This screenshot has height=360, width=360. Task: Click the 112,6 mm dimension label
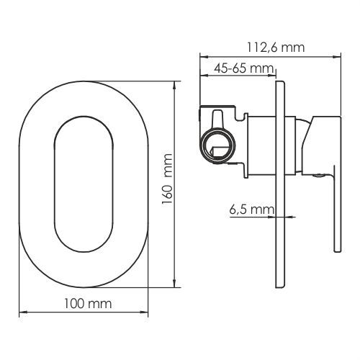276,48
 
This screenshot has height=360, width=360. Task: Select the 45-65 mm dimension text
244,68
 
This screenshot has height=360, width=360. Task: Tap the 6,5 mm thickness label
251,210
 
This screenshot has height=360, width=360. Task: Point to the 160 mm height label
167,179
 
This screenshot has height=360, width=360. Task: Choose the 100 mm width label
88,304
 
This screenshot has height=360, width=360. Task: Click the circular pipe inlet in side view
218,145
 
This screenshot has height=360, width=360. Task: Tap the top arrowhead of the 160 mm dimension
175,85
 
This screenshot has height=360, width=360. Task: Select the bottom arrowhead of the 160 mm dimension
175,284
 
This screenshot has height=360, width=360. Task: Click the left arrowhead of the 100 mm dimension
23,312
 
